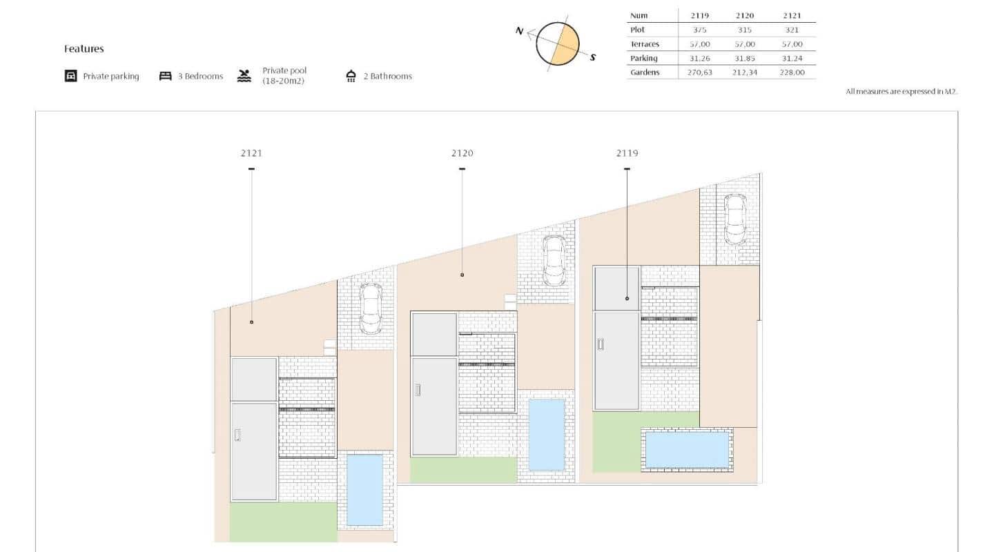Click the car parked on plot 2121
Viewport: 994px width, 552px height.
click(371, 308)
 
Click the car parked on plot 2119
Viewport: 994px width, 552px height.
click(734, 219)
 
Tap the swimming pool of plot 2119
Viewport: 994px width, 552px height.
click(687, 450)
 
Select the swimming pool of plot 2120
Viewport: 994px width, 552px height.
click(546, 435)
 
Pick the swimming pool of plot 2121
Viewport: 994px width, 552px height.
click(364, 490)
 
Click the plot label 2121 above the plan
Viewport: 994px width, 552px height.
click(251, 153)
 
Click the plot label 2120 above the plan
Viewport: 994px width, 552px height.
click(462, 153)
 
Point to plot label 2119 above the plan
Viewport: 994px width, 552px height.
click(627, 153)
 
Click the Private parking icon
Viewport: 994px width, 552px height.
click(70, 76)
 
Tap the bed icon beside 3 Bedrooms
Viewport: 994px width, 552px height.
click(165, 76)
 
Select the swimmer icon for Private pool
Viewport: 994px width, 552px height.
click(244, 76)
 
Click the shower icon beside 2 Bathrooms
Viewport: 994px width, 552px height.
click(351, 76)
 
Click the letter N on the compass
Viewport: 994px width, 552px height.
click(520, 31)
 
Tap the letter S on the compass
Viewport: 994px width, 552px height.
click(592, 58)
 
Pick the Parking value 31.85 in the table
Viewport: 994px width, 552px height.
click(745, 59)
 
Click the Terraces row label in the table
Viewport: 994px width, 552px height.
click(645, 44)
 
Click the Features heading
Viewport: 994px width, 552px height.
click(84, 49)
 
